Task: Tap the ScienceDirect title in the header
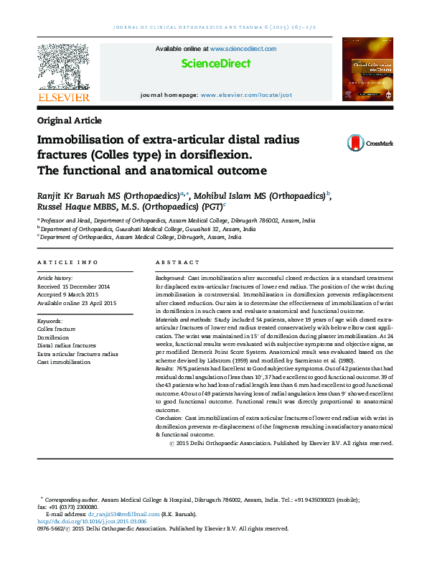[216, 63]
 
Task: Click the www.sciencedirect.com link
[243, 49]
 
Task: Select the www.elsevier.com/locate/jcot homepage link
[246, 95]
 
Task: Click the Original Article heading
[69, 121]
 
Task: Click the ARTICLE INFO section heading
[67, 263]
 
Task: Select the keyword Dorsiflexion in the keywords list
[53, 336]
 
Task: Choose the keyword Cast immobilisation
[64, 362]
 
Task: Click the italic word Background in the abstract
[170, 277]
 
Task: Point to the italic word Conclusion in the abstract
[169, 417]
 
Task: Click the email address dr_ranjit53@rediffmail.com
[119, 515]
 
